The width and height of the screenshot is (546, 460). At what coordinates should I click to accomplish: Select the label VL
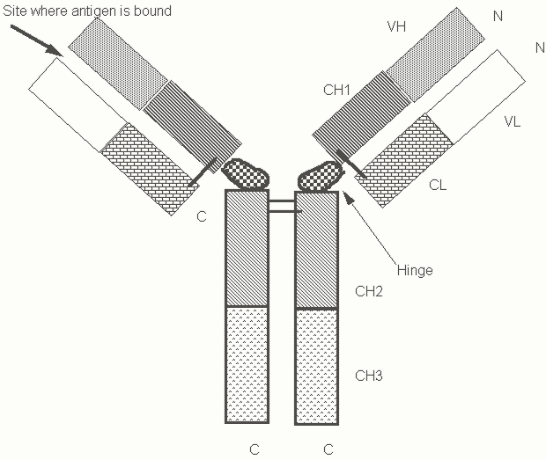tap(512, 122)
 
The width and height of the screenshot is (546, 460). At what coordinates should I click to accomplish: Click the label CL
tap(439, 186)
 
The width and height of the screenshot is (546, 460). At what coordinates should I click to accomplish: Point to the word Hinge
tap(414, 270)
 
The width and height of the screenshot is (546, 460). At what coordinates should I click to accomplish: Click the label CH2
tap(368, 290)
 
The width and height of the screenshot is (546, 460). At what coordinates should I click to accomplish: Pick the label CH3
tap(368, 376)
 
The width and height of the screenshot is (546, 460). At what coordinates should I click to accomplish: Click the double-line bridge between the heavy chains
tap(282, 207)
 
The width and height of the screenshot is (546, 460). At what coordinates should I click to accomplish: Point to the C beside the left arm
tap(202, 216)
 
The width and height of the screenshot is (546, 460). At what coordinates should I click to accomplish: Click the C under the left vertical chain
tap(254, 449)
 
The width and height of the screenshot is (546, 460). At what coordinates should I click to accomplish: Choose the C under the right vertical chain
tap(328, 449)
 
